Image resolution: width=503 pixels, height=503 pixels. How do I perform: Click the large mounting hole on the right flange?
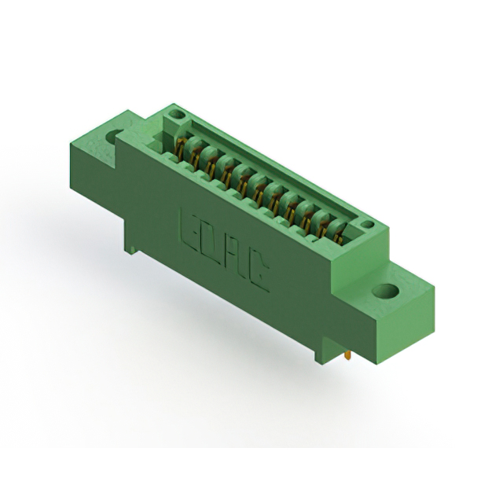[x=385, y=292]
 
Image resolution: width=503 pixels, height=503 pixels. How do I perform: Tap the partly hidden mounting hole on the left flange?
[x=113, y=136]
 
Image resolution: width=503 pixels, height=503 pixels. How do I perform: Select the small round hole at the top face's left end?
[x=178, y=115]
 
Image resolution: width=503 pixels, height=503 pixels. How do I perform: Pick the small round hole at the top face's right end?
[x=366, y=225]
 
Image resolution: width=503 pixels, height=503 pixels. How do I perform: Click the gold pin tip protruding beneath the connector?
[x=347, y=358]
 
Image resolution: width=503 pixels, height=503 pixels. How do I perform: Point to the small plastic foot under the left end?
[x=133, y=249]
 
